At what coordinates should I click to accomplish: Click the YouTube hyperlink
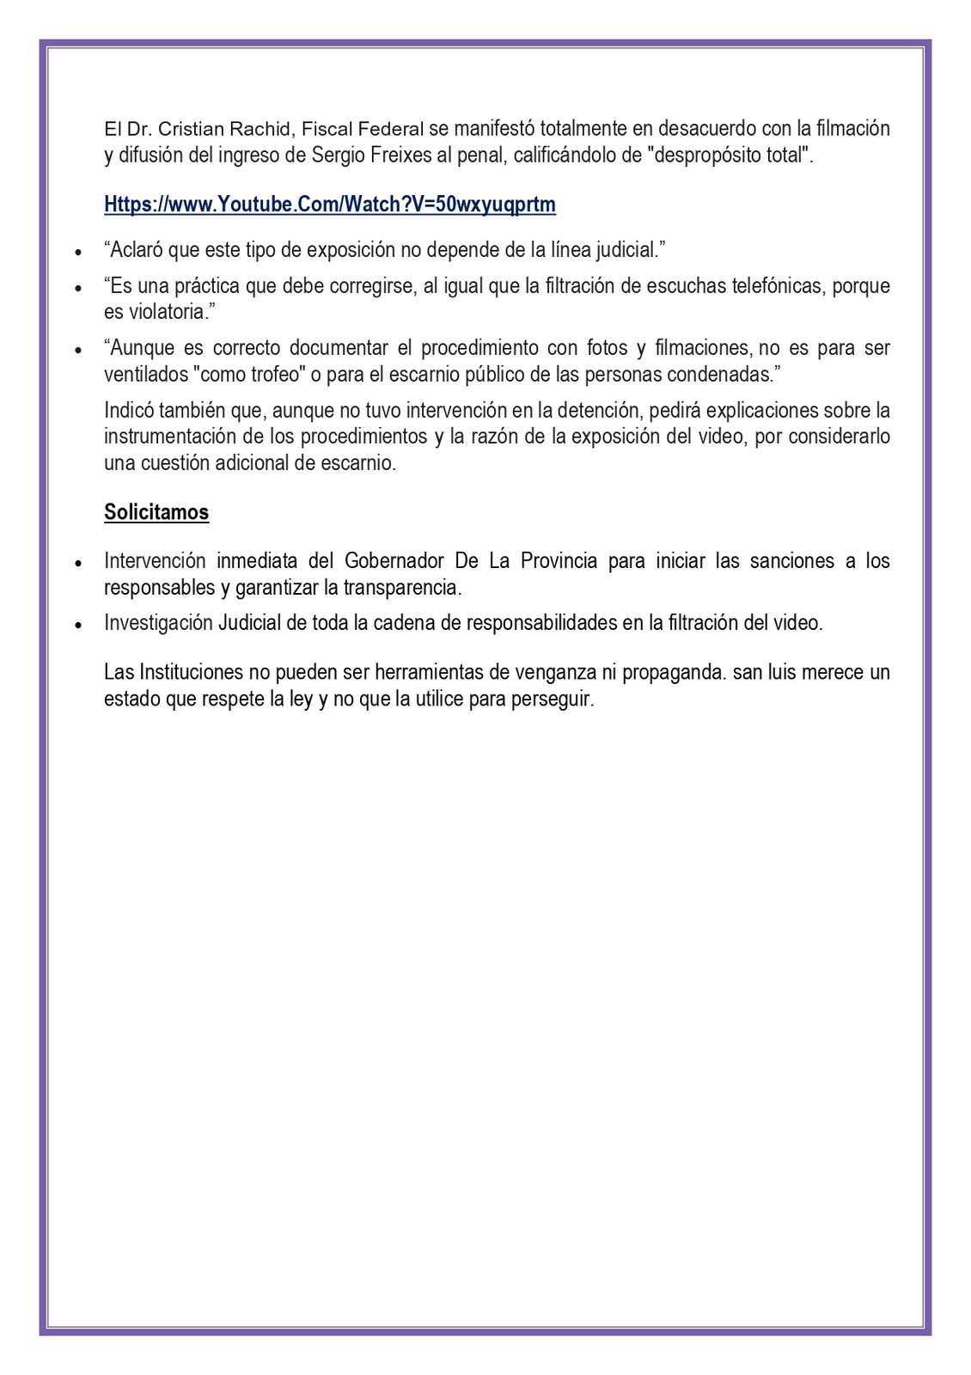point(330,205)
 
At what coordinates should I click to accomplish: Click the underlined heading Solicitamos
point(156,512)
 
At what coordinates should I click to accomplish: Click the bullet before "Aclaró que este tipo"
point(79,253)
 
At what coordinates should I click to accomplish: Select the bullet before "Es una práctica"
point(79,288)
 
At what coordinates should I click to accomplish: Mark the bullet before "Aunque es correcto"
point(79,350)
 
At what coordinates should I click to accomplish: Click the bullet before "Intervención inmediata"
point(79,563)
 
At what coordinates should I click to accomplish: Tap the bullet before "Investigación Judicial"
point(79,625)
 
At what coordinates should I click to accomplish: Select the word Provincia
point(559,561)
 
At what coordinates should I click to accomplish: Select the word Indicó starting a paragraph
point(129,410)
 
